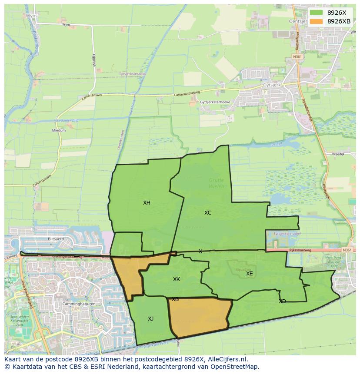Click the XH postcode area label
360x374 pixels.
point(147,203)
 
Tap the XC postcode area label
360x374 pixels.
point(208,213)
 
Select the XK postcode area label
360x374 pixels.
point(176,279)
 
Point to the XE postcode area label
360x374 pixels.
point(249,274)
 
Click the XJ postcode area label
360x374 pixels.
point(150,319)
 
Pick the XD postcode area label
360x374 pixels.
point(282,301)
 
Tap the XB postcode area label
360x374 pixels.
point(175,299)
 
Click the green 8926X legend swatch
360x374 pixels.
point(316,13)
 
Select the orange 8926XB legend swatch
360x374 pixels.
point(316,21)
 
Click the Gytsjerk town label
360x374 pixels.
point(273,85)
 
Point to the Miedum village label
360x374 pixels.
point(59,130)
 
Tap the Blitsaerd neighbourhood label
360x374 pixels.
point(56,239)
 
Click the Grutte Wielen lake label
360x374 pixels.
point(216,183)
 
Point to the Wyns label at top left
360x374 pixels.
point(32,15)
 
